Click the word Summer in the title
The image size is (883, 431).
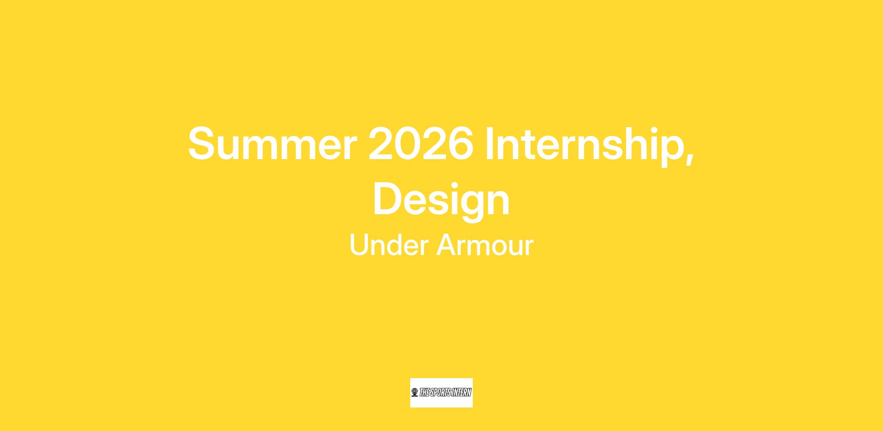click(x=273, y=144)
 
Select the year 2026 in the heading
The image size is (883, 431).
click(x=421, y=144)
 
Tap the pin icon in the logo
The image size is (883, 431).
click(x=415, y=392)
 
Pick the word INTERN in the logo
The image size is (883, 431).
click(x=462, y=392)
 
